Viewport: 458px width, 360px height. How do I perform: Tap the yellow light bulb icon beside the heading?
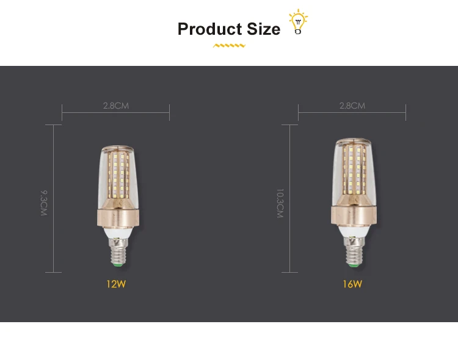point(298,22)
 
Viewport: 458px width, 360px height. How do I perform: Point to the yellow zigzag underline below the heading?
point(229,45)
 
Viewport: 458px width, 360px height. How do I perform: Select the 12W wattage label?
point(115,284)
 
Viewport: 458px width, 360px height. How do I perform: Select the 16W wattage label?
point(352,284)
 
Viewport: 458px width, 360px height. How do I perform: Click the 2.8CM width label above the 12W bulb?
point(115,106)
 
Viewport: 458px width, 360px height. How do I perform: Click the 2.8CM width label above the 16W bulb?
point(352,106)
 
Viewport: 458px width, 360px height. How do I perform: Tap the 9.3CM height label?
point(44,203)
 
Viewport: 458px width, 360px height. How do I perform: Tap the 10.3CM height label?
point(280,203)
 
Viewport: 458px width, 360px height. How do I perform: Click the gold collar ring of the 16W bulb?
point(352,215)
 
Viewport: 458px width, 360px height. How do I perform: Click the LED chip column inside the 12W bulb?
point(115,177)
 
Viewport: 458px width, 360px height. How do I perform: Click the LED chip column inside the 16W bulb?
point(352,174)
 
